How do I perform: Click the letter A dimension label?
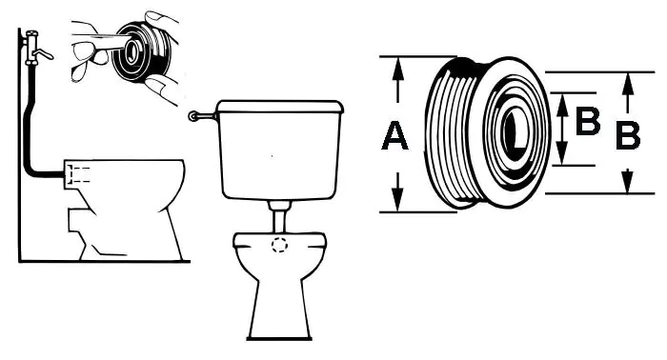click(395, 135)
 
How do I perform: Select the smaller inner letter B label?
click(588, 121)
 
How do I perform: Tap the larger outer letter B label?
click(628, 135)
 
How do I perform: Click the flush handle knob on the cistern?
click(193, 115)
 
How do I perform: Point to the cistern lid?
click(280, 107)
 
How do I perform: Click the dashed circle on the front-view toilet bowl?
click(279, 245)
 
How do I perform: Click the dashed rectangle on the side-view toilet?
click(80, 175)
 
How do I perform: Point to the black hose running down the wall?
click(29, 128)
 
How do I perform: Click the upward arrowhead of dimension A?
click(397, 68)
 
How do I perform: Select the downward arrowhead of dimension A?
click(397, 199)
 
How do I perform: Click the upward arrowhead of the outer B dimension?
click(628, 84)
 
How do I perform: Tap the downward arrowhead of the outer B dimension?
click(628, 182)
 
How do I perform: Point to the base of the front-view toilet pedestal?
click(279, 338)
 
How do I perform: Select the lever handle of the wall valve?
click(44, 54)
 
